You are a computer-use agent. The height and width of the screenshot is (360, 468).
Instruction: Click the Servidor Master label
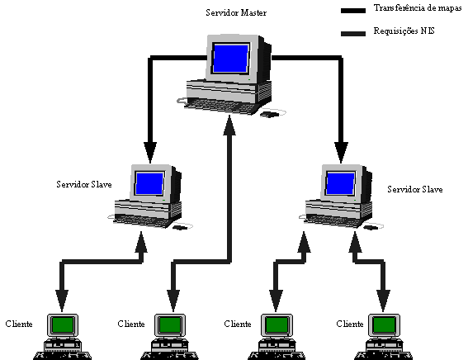[236, 13]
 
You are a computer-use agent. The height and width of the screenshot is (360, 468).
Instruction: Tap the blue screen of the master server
[231, 59]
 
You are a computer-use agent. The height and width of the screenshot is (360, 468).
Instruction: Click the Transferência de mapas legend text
[418, 8]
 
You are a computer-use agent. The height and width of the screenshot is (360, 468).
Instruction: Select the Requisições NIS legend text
[404, 31]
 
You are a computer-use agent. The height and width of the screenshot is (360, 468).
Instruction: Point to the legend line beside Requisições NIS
[353, 33]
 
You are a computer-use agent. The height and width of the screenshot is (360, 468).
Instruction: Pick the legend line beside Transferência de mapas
[353, 11]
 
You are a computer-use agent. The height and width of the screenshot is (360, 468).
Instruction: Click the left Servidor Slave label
[84, 184]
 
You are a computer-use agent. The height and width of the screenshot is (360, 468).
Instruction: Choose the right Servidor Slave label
[415, 189]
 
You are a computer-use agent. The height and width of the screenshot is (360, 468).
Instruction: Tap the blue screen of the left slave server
[149, 184]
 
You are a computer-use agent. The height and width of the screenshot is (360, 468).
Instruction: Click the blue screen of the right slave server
[340, 184]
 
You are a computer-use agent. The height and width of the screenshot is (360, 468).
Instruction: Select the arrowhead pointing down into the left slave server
[150, 153]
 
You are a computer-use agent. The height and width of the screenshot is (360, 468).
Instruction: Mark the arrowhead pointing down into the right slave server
[341, 153]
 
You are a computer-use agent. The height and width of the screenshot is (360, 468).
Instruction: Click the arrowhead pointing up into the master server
[229, 125]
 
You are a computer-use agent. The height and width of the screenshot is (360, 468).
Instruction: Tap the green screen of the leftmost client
[63, 324]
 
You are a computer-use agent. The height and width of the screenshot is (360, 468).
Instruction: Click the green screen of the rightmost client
[384, 324]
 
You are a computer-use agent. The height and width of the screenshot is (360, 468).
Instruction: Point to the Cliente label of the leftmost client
[19, 324]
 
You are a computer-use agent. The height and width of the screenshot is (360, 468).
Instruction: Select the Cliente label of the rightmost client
[350, 324]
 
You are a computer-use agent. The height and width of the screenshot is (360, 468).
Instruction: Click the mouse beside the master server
[270, 114]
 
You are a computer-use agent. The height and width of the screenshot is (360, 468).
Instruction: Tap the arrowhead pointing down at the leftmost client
[62, 301]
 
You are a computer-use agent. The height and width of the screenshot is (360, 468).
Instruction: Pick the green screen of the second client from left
[170, 324]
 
